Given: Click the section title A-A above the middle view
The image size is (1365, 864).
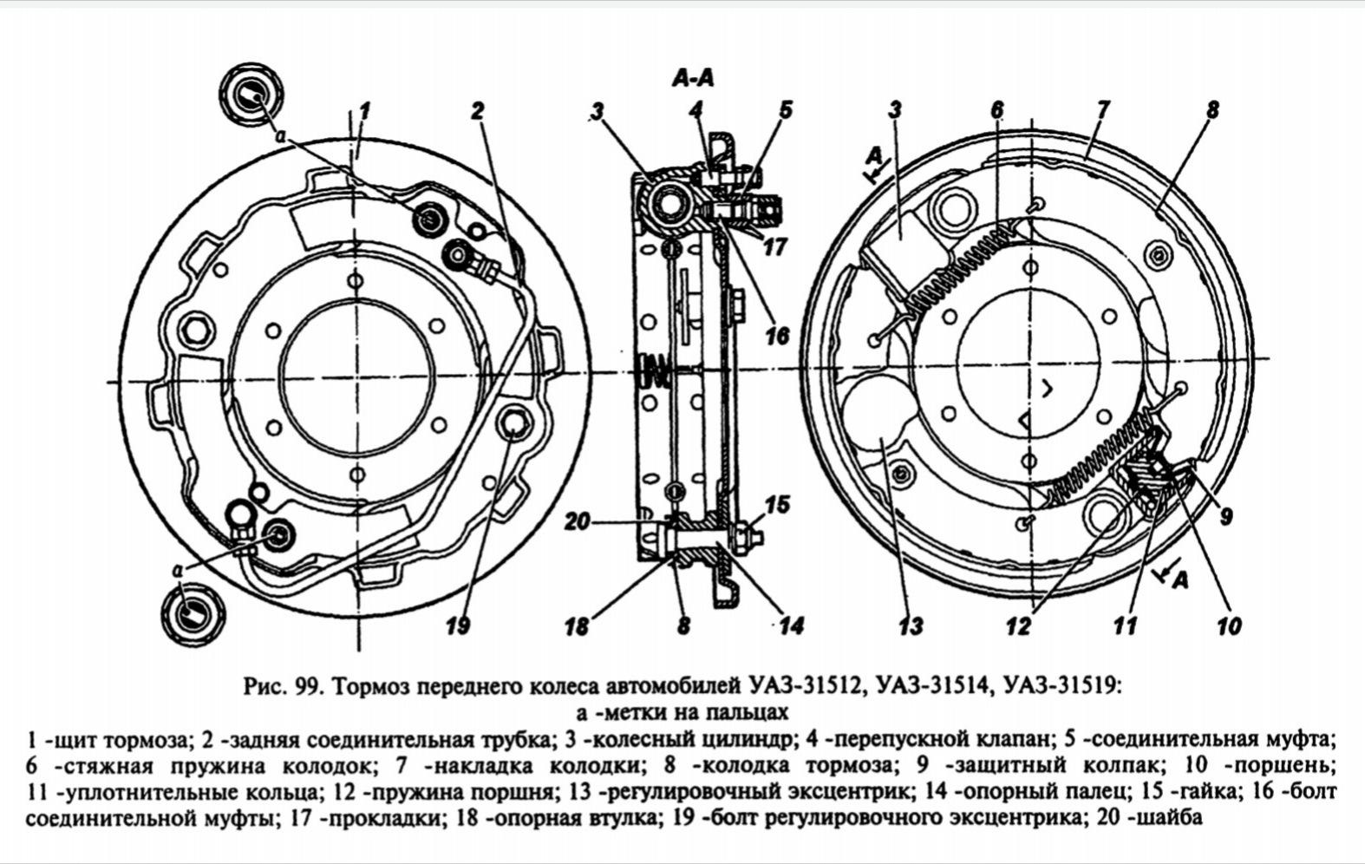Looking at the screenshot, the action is click(x=693, y=78).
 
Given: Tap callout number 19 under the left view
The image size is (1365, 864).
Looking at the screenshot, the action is click(x=458, y=626).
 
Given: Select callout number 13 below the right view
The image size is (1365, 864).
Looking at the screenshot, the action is click(x=910, y=626).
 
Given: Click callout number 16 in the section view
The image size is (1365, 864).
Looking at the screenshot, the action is click(x=777, y=336).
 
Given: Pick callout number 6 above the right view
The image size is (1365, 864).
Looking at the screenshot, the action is click(x=997, y=110).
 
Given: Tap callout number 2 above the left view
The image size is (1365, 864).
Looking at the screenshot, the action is click(x=477, y=110).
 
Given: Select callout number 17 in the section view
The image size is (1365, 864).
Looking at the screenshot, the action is click(x=774, y=247).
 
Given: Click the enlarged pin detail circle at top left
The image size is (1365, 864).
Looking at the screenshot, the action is click(x=251, y=95).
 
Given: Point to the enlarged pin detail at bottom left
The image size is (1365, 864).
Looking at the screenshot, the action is click(x=193, y=613).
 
